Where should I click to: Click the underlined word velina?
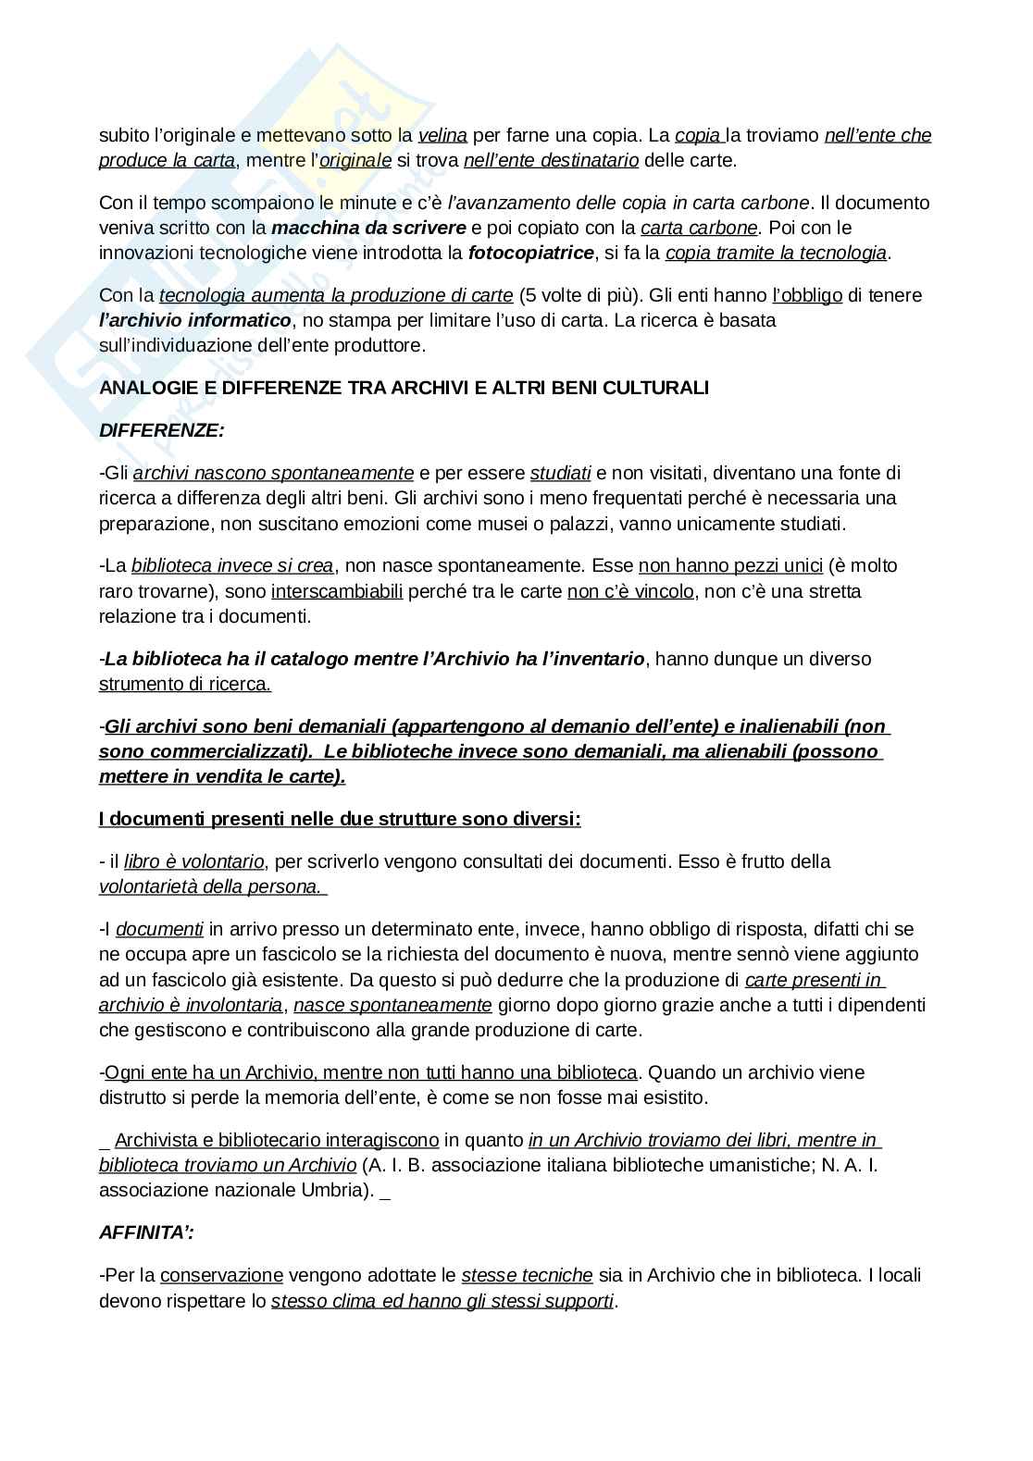coord(442,135)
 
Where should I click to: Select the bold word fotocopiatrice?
coord(531,253)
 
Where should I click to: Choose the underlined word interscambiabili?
coord(337,590)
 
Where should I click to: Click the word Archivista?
coord(156,1140)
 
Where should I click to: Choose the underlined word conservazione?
coord(221,1275)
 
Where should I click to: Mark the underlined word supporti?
coord(581,1300)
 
